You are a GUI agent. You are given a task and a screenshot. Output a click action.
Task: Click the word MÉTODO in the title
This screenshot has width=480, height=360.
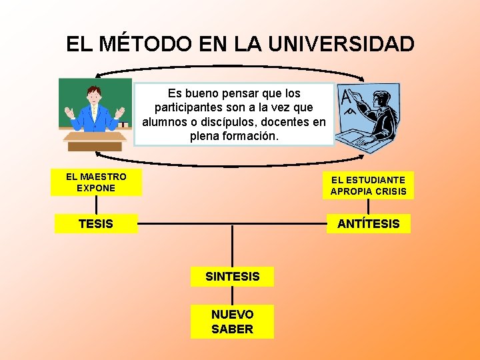(x=145, y=44)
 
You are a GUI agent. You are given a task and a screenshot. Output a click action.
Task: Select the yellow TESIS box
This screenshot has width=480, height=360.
(x=96, y=224)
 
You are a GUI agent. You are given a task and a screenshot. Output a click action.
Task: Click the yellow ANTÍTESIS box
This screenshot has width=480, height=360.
(x=368, y=224)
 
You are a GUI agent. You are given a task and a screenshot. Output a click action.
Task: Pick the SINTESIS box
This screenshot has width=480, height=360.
(x=232, y=276)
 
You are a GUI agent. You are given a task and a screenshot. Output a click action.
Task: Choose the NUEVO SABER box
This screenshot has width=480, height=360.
(x=232, y=321)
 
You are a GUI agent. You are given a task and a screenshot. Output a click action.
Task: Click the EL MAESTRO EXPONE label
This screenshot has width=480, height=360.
(x=96, y=183)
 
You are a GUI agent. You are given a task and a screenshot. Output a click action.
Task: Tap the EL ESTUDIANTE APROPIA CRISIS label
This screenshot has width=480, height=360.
(x=368, y=185)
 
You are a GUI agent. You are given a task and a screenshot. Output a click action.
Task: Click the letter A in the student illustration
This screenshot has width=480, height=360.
(x=346, y=99)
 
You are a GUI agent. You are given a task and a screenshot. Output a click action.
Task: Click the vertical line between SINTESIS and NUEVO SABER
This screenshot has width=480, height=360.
(x=232, y=295)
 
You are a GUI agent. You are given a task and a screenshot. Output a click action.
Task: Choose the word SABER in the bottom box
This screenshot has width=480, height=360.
(x=232, y=329)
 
